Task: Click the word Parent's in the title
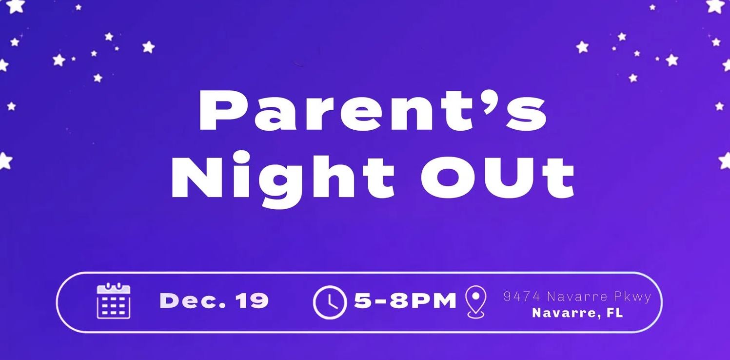click(373, 110)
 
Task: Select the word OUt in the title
click(497, 178)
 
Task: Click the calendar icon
click(114, 300)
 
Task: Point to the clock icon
click(330, 302)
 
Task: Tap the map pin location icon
click(476, 301)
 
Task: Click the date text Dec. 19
click(214, 300)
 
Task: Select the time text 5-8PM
click(405, 300)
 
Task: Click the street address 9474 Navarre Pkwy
click(577, 297)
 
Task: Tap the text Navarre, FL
click(577, 313)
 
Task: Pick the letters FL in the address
click(614, 313)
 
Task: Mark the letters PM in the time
click(434, 300)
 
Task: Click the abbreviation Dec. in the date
click(193, 300)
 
